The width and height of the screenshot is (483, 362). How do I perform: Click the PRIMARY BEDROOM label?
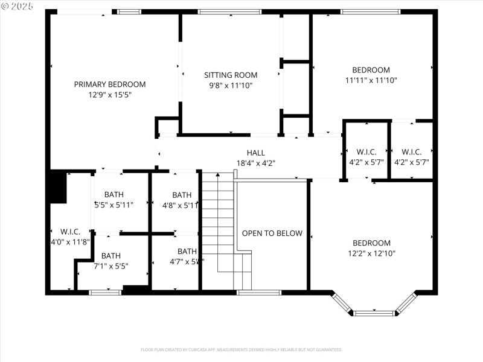(x=109, y=84)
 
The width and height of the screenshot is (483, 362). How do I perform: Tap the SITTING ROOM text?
(x=231, y=75)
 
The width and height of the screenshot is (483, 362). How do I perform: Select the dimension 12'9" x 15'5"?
(x=109, y=95)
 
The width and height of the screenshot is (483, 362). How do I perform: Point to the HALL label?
(x=255, y=153)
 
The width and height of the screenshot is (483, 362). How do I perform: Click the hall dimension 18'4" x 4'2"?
(x=255, y=163)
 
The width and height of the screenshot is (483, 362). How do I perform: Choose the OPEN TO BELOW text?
(x=272, y=233)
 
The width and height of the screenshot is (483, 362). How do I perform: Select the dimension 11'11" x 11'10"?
(x=371, y=80)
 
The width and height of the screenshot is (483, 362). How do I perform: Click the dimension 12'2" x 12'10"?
(x=371, y=253)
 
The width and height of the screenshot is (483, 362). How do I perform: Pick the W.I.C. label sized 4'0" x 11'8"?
(x=70, y=232)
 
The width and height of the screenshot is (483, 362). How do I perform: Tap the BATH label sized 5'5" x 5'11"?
(x=114, y=195)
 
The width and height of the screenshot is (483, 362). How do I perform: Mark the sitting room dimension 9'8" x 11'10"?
(x=231, y=86)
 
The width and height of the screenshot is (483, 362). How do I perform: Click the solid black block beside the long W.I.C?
(x=58, y=186)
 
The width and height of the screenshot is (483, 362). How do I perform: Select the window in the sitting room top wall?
(x=229, y=11)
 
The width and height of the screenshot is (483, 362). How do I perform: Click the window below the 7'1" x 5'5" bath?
(x=105, y=293)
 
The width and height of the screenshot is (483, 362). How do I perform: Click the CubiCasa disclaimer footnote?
(x=241, y=350)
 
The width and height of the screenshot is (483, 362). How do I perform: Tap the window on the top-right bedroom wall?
(x=370, y=11)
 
